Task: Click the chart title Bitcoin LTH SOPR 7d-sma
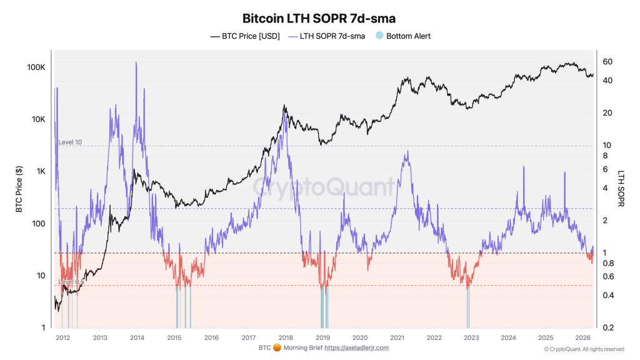point(319,19)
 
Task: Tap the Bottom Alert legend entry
point(408,36)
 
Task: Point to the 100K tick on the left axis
point(35,67)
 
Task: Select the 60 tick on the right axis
point(607,62)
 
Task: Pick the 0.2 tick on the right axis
point(607,327)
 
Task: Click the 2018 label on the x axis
point(286,337)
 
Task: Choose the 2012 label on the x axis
point(62,337)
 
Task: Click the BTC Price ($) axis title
point(19,189)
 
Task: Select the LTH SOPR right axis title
point(622,188)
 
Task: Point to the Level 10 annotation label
point(70,142)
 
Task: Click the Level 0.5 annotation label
point(71,282)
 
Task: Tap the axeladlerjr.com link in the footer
point(356,347)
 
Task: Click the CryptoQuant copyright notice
point(584,349)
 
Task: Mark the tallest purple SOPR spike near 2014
point(136,63)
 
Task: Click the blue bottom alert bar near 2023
point(467,309)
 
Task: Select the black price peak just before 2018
point(284,106)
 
